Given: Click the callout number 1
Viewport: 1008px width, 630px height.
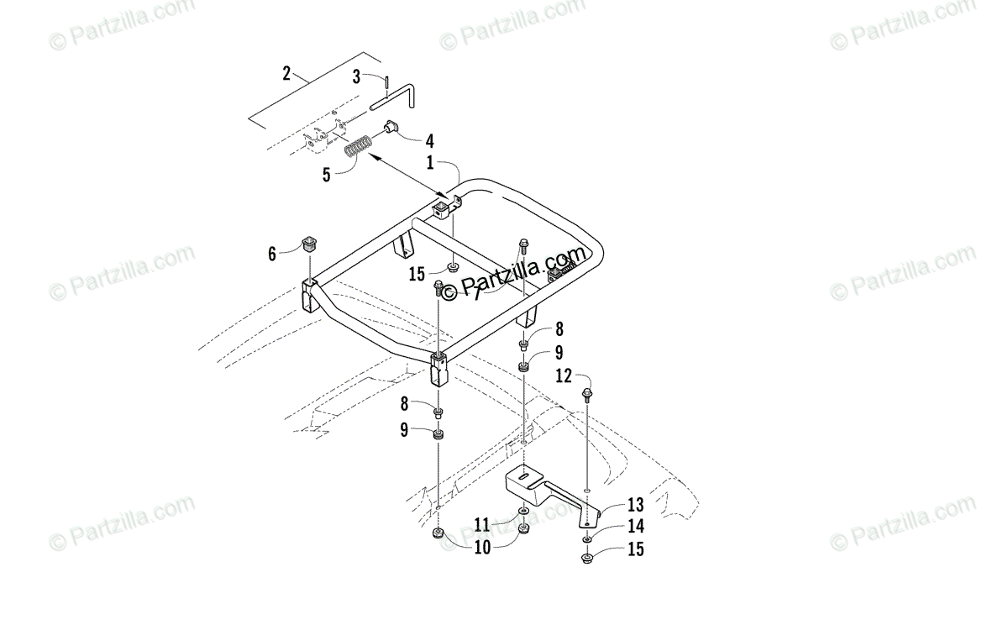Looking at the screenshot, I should tap(430, 163).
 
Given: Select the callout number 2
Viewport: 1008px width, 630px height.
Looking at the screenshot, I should tap(286, 74).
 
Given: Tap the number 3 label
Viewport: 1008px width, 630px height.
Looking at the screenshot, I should tap(356, 76).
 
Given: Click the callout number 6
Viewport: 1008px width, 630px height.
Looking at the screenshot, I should tap(272, 253).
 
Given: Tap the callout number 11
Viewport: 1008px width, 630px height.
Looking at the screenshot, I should tap(481, 525).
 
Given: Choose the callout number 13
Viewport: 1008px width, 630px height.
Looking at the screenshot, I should tap(635, 504).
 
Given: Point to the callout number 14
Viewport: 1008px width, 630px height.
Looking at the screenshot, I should tap(635, 527).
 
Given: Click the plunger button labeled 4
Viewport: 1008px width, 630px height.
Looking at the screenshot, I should tap(392, 129).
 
